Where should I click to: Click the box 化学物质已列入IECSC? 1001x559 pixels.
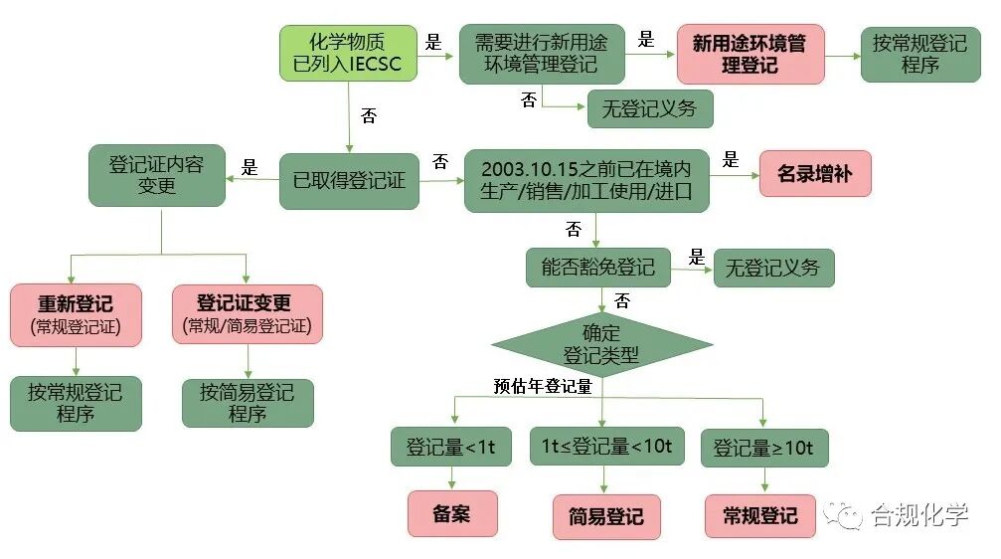(x=348, y=53)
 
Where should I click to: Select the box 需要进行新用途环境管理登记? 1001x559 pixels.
(x=543, y=55)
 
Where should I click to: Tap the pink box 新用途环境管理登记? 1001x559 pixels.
(x=751, y=55)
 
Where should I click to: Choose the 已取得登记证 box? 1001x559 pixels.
(x=348, y=181)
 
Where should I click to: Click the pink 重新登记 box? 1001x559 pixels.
(x=76, y=314)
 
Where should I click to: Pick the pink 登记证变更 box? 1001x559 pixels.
(x=247, y=314)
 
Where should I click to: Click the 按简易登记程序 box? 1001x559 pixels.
(x=247, y=403)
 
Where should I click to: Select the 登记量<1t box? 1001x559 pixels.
(x=451, y=447)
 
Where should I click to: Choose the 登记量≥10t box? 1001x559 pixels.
(x=764, y=448)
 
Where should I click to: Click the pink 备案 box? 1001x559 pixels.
(x=451, y=514)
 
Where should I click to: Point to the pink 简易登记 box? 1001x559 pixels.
(x=606, y=517)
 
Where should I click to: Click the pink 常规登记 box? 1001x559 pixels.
(x=760, y=516)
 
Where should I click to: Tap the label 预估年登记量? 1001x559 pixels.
(x=543, y=387)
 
